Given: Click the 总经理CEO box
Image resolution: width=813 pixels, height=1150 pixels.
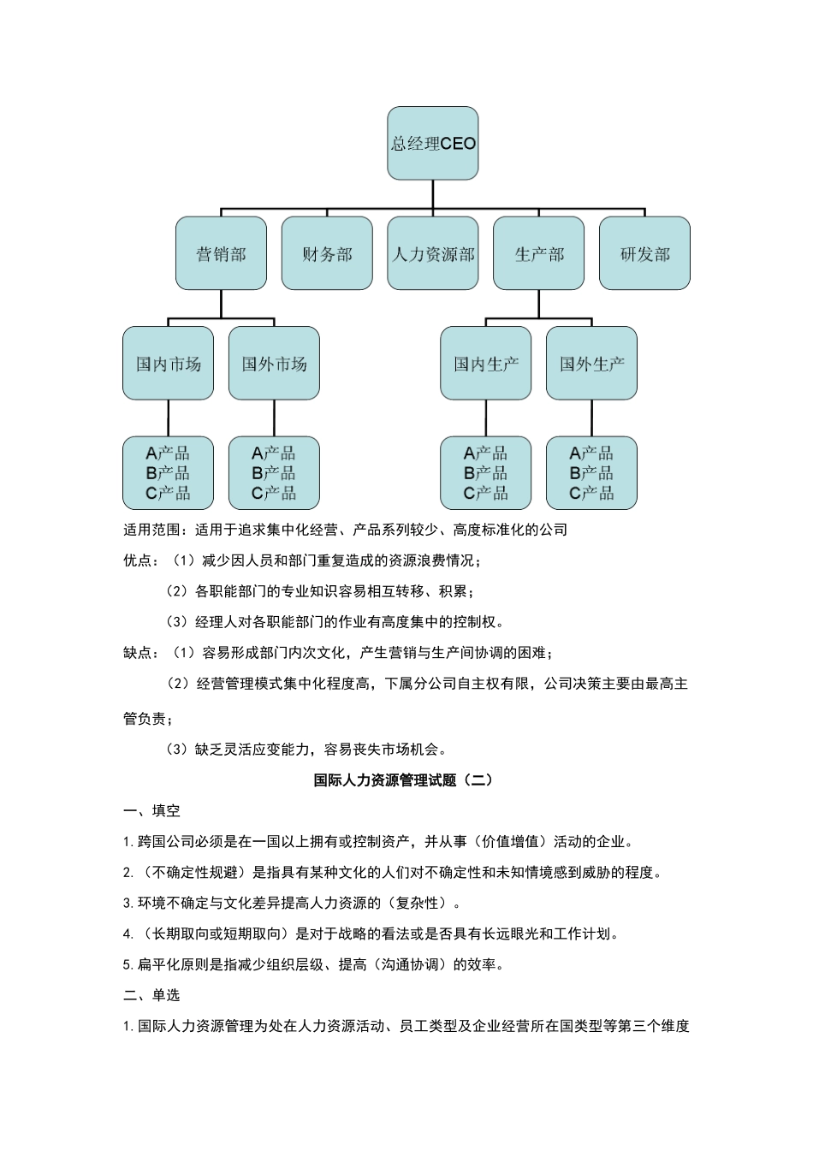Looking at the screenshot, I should pos(433,144).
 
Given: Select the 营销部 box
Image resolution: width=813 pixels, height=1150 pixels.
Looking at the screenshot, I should pos(221,254).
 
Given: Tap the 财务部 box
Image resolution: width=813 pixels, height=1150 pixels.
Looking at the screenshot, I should pos(327,254).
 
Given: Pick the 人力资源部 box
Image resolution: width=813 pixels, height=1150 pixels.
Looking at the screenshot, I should pos(433,254).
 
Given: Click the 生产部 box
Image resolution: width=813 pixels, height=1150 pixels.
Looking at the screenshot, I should pos(539,254).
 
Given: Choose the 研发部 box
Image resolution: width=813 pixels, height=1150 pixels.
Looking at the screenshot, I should pos(644,254).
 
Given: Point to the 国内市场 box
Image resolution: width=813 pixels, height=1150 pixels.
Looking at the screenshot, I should pos(168,364).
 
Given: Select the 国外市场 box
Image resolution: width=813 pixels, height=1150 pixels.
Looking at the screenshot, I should pos(274,364).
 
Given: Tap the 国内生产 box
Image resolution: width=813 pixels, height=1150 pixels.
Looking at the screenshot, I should pos(486,364).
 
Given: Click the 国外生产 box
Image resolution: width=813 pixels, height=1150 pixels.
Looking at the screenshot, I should pos(591,364).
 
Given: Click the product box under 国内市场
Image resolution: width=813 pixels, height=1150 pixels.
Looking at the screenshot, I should pos(168,473).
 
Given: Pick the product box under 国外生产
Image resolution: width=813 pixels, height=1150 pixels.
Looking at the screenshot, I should pos(591,473).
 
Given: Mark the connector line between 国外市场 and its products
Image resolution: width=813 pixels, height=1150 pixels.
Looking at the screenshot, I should pos(274,418).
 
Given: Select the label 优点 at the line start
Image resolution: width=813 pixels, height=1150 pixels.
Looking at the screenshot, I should pos(138,560).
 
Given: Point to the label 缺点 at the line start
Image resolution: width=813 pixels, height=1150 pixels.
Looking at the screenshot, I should pos(138,653).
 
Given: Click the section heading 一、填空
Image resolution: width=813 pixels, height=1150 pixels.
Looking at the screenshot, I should pos(151,810).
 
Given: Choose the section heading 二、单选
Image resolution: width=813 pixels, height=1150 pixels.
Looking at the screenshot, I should pos(151,995).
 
